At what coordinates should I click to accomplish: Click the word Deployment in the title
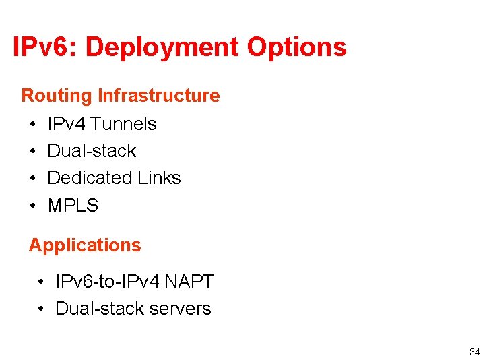[x=162, y=48]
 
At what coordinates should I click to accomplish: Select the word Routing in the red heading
[x=57, y=96]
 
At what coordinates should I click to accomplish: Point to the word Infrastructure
[x=158, y=96]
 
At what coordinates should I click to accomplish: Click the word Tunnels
[x=123, y=124]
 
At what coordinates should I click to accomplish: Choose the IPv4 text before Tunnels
[x=67, y=124]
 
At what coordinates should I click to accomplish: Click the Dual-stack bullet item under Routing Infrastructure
[x=92, y=151]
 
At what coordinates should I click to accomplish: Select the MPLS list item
[x=73, y=206]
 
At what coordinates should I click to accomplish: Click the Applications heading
[x=85, y=245]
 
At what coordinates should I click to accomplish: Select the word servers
[x=180, y=309]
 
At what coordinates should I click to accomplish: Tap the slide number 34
[x=474, y=352]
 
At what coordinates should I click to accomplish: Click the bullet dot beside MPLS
[x=33, y=206]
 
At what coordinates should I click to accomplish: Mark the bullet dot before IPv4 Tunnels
[x=33, y=125]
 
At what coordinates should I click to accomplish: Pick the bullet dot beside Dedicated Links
[x=33, y=179]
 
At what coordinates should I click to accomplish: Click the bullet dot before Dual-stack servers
[x=42, y=309]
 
